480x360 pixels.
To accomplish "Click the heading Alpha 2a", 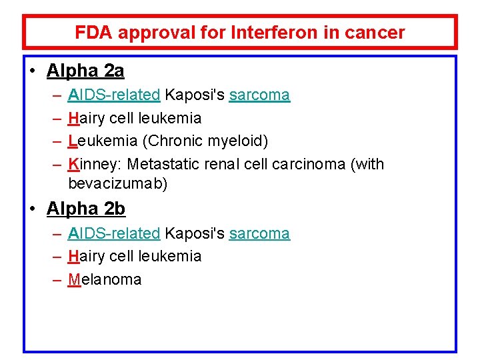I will coord(85,70).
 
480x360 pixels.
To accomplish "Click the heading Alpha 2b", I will coord(85,209).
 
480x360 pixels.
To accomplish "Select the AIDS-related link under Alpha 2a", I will coord(114,95).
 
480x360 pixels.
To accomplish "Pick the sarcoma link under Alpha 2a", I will coord(259,95).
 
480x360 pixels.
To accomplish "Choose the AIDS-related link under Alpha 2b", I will coord(114,233).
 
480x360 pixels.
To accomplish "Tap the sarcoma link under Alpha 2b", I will coord(259,233).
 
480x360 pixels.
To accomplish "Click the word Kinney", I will coord(95,164).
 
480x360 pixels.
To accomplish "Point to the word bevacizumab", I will coord(118,183).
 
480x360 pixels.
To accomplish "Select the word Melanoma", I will coord(105,279).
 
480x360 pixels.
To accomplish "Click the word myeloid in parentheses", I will coord(238,141).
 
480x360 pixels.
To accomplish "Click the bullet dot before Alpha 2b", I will coord(32,209).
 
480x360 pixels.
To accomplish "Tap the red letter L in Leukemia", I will coord(73,141).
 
